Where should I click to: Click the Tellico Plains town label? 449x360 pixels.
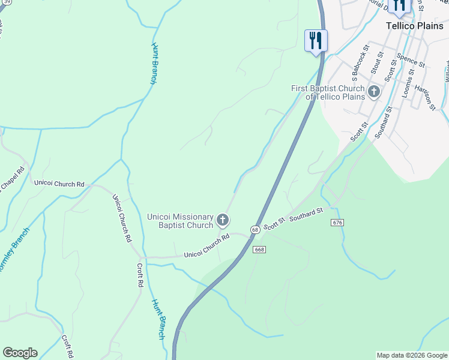(x=414, y=26)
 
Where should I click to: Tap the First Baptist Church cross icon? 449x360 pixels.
(x=374, y=92)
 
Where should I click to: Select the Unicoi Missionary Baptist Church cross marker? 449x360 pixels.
(x=222, y=220)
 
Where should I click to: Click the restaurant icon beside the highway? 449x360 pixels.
(x=315, y=41)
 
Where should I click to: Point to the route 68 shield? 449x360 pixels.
(x=256, y=230)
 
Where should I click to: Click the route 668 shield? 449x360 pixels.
(x=259, y=250)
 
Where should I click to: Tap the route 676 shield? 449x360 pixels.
(x=337, y=223)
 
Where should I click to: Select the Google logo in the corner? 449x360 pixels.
(x=20, y=353)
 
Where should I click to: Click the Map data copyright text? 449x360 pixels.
(x=412, y=355)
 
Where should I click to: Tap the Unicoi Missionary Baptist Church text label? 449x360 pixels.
(x=180, y=221)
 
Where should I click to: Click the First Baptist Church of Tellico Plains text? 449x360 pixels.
(x=328, y=92)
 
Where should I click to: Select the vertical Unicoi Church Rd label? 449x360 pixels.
(x=122, y=217)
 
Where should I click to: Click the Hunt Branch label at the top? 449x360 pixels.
(x=154, y=63)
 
